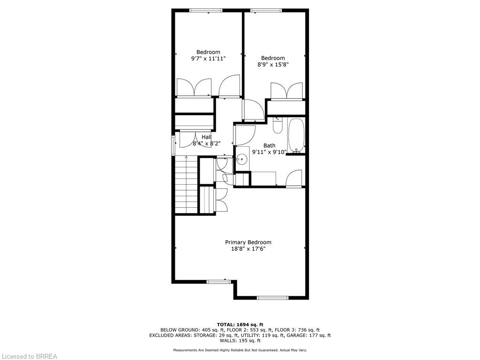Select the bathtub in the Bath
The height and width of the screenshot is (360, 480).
(296, 136)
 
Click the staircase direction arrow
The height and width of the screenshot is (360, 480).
(187, 157)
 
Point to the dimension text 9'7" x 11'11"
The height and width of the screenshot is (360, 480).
(208, 59)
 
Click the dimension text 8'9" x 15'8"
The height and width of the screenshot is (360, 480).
(273, 65)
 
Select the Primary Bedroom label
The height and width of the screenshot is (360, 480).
(248, 242)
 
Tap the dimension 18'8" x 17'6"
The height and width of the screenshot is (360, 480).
(248, 249)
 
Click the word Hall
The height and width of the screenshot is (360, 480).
(206, 137)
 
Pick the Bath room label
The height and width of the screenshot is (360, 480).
(269, 145)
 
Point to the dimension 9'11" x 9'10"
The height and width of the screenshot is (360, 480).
(269, 152)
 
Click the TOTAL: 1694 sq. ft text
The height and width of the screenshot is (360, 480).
(240, 324)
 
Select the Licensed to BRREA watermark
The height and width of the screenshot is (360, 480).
(29, 356)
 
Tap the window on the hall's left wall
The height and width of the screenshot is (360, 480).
(173, 145)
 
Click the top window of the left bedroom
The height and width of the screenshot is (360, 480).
(206, 10)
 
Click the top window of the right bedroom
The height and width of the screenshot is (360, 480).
(266, 10)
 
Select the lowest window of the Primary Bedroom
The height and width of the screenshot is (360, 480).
(273, 297)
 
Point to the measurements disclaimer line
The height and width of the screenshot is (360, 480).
(240, 350)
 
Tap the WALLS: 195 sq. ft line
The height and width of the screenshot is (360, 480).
(240, 341)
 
